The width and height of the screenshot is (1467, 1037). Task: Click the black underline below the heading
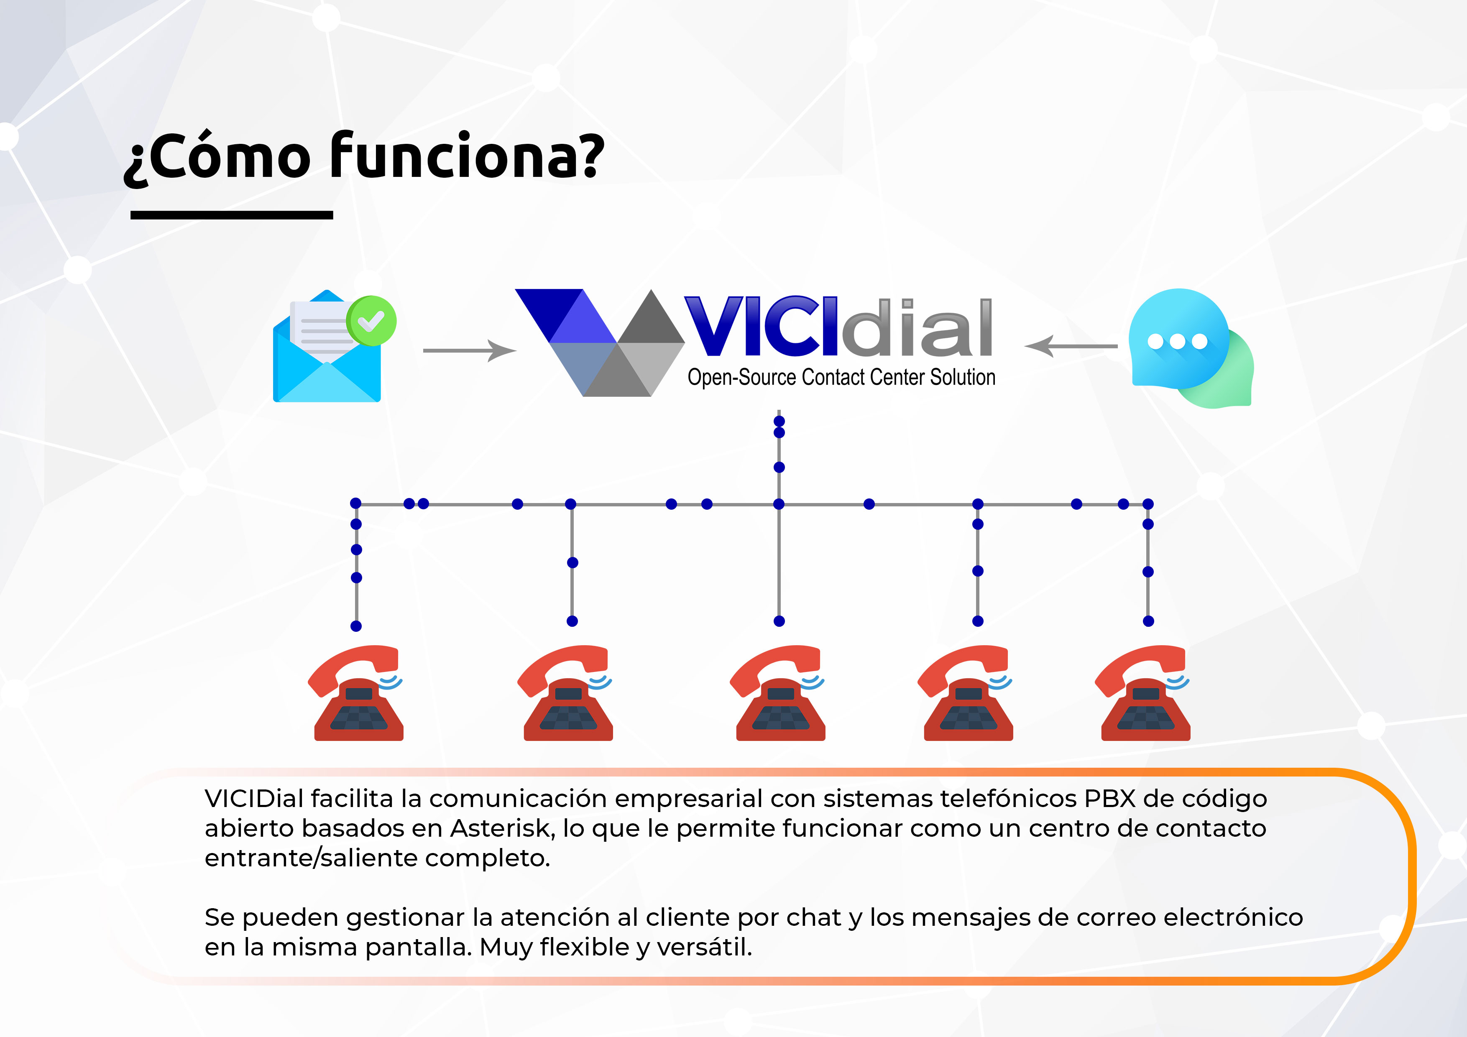[x=231, y=215]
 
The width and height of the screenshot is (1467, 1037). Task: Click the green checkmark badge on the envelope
[x=371, y=321]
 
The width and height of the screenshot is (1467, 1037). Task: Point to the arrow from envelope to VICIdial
[x=470, y=350]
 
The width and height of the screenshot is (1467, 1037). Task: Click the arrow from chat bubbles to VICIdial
[x=1071, y=346]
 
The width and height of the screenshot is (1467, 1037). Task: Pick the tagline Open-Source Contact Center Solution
[x=841, y=377]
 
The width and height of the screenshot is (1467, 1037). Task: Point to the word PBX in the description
[x=1110, y=798]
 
